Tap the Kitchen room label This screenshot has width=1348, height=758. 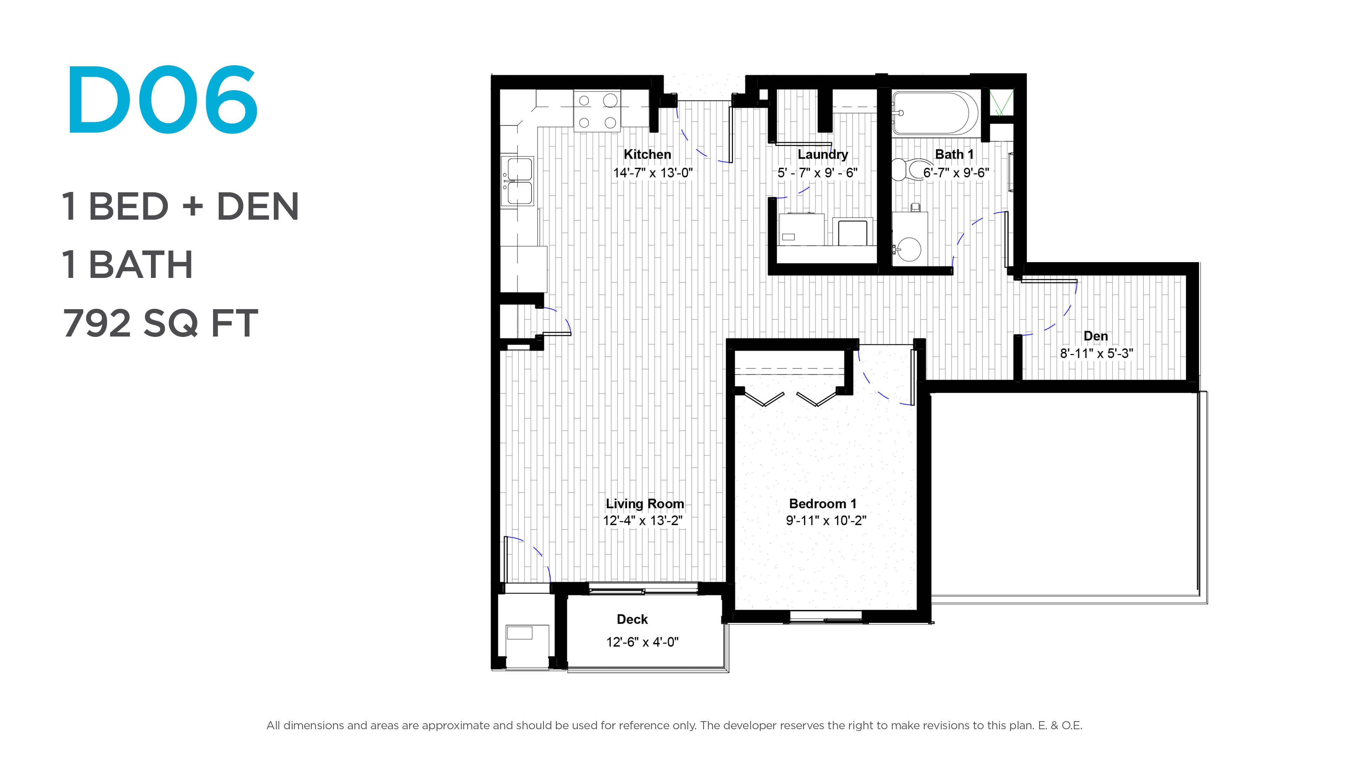coord(647,154)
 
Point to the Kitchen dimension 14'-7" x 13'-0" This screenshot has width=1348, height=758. coord(653,173)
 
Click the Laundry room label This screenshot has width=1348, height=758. coord(822,155)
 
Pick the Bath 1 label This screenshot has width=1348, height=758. coord(954,154)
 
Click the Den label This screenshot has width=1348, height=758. coord(1096,336)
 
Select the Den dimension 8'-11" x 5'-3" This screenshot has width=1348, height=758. coord(1096,354)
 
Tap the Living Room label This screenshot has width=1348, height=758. coord(645,504)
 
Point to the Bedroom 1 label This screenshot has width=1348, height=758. coord(822,504)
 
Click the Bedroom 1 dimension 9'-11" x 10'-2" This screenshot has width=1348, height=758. coord(826,520)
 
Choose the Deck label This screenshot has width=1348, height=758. coord(632,619)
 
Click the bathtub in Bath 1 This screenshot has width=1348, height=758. coord(934,113)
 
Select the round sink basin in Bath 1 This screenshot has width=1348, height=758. coord(909,249)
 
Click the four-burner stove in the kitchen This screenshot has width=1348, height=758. coord(597,111)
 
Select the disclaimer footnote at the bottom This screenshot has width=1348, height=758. coord(674,726)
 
